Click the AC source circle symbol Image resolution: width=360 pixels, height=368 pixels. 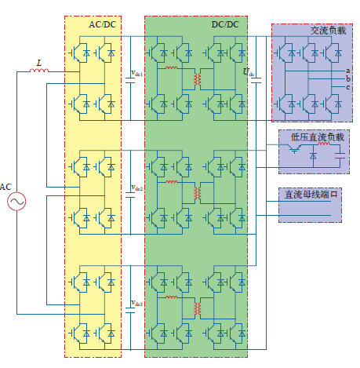pyautogui.click(x=16, y=202)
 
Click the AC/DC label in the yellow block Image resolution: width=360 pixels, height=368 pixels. pyautogui.click(x=103, y=24)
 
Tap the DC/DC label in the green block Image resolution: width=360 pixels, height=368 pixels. pyautogui.click(x=225, y=24)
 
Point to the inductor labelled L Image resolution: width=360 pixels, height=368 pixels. pyautogui.click(x=39, y=71)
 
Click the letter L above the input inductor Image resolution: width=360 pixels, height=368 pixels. pyautogui.click(x=39, y=63)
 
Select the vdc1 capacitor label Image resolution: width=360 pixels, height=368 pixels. pyautogui.click(x=136, y=73)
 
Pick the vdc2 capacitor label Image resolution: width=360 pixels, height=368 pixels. pyautogui.click(x=136, y=188)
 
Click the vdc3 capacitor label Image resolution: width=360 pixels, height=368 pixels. pyautogui.click(x=136, y=303)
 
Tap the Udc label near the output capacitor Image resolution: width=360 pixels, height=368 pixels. pyautogui.click(x=249, y=72)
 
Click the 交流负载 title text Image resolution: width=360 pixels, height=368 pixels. pyautogui.click(x=328, y=31)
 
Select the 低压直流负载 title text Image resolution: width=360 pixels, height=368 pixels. pyautogui.click(x=318, y=137)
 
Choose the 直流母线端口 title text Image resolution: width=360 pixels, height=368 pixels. pyautogui.click(x=311, y=195)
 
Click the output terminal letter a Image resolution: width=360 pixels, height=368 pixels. pyautogui.click(x=347, y=71)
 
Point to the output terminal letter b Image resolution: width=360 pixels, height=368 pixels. pyautogui.click(x=347, y=78)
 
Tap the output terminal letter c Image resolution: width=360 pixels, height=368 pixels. pyautogui.click(x=347, y=87)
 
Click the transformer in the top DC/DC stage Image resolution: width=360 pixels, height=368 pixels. pyautogui.click(x=198, y=79)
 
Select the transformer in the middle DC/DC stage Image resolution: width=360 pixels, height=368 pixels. pyautogui.click(x=198, y=193)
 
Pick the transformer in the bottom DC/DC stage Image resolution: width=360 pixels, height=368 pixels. pyautogui.click(x=198, y=308)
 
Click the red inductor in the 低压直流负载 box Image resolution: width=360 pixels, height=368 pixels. pyautogui.click(x=324, y=144)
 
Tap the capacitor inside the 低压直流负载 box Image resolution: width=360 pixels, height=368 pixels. pyautogui.click(x=340, y=155)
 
